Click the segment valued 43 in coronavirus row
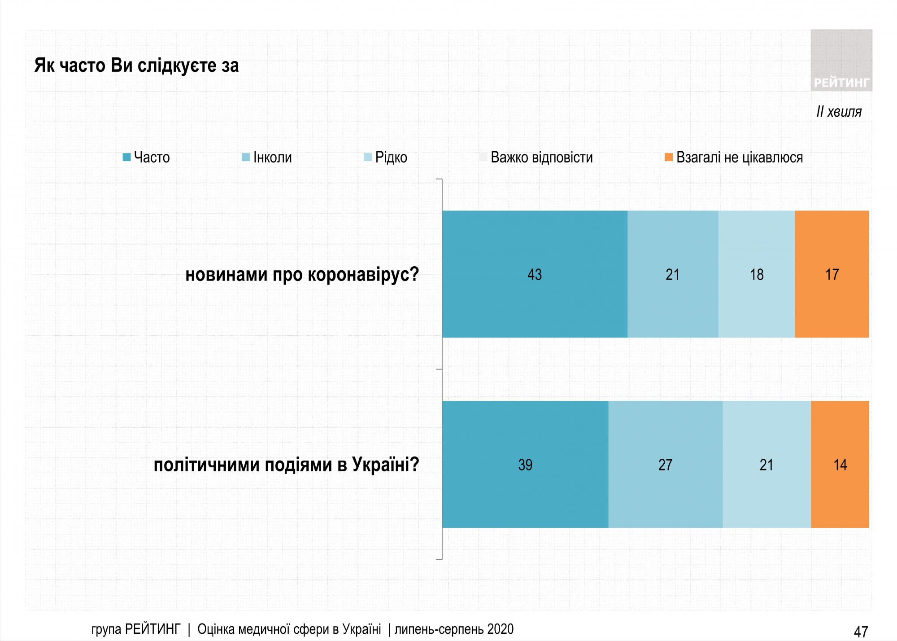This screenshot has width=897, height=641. point(534,274)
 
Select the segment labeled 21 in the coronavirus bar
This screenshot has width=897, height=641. point(672,274)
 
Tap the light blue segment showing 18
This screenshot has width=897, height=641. point(756,274)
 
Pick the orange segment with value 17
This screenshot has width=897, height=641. point(832,274)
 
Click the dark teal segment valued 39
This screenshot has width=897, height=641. point(525,464)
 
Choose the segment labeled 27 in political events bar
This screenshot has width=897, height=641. point(665,464)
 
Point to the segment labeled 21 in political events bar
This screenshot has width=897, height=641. point(766,464)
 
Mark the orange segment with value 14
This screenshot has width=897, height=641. point(840,464)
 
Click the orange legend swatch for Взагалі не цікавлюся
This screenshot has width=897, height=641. point(669,157)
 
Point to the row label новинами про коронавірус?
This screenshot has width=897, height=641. point(302,274)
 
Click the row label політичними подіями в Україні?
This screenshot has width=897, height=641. point(286,465)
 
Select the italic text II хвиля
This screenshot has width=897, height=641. point(839,111)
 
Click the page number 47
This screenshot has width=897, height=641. point(861,632)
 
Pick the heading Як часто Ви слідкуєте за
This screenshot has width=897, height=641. point(136,66)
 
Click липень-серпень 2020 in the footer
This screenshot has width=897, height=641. point(454,629)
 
